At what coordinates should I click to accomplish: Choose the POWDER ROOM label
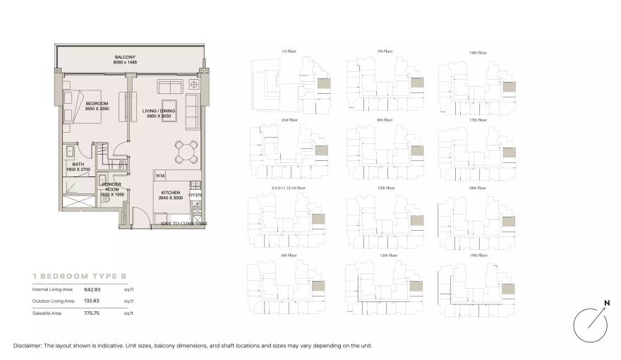pos(111,187)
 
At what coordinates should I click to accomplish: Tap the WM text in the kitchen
pos(160,175)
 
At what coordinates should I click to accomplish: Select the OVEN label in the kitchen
pos(195,195)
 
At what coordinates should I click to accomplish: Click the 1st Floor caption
pos(288,52)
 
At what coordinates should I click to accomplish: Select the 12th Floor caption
pos(385,188)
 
